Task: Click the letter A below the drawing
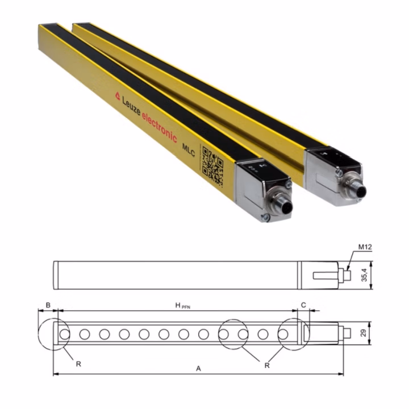click(198, 369)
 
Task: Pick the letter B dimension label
click(48, 306)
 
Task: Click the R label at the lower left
click(78, 364)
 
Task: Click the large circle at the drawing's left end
click(55, 335)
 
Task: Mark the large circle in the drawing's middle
click(233, 335)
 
